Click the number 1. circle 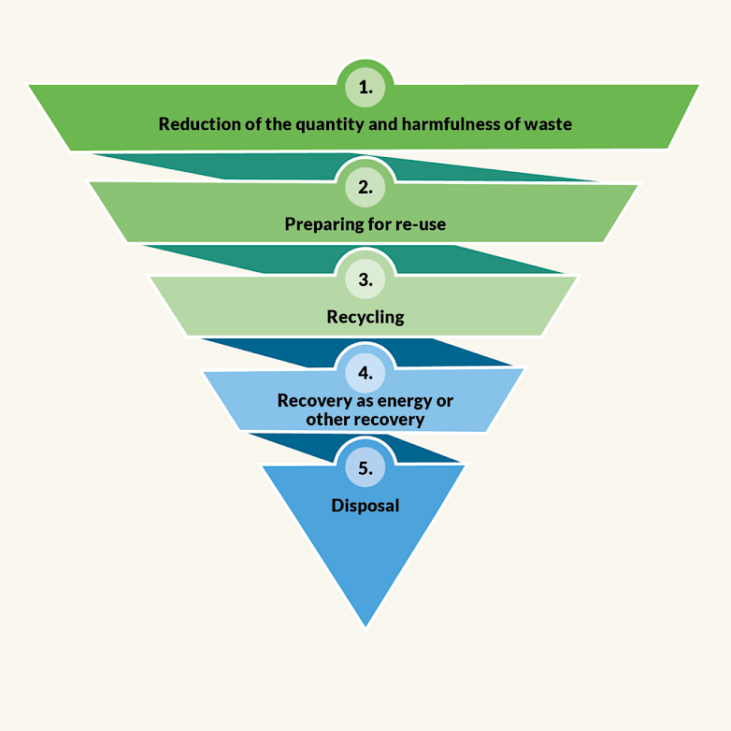click(x=365, y=88)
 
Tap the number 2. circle click(x=365, y=187)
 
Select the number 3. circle click(x=365, y=279)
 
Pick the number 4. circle click(x=365, y=372)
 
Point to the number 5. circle click(x=365, y=467)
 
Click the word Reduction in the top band click(x=196, y=123)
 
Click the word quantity click(x=325, y=123)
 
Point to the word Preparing click(x=322, y=224)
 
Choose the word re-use click(x=419, y=224)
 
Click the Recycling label click(x=365, y=317)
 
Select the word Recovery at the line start click(x=310, y=400)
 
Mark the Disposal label click(x=365, y=506)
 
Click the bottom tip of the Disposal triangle click(x=365, y=623)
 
